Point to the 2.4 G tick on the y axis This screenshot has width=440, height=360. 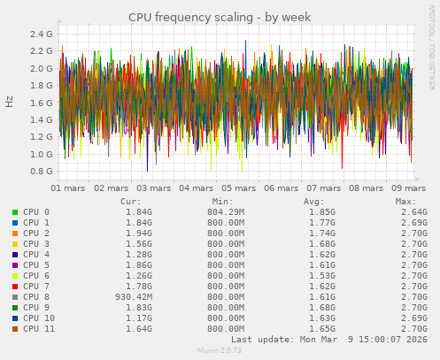(x=42, y=34)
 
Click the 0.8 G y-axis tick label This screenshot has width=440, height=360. (x=42, y=172)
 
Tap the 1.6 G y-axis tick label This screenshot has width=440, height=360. (x=42, y=103)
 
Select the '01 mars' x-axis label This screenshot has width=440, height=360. (x=68, y=188)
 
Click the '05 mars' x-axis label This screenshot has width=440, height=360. (x=239, y=188)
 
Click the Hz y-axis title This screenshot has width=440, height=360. (x=10, y=102)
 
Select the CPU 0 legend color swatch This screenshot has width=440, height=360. (x=15, y=212)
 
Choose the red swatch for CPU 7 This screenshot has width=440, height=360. (x=15, y=287)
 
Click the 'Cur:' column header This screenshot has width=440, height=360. (x=130, y=202)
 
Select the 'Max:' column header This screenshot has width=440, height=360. (x=406, y=202)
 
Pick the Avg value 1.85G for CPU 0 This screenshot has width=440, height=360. (x=313, y=212)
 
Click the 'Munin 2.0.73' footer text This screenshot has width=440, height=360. (x=219, y=351)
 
